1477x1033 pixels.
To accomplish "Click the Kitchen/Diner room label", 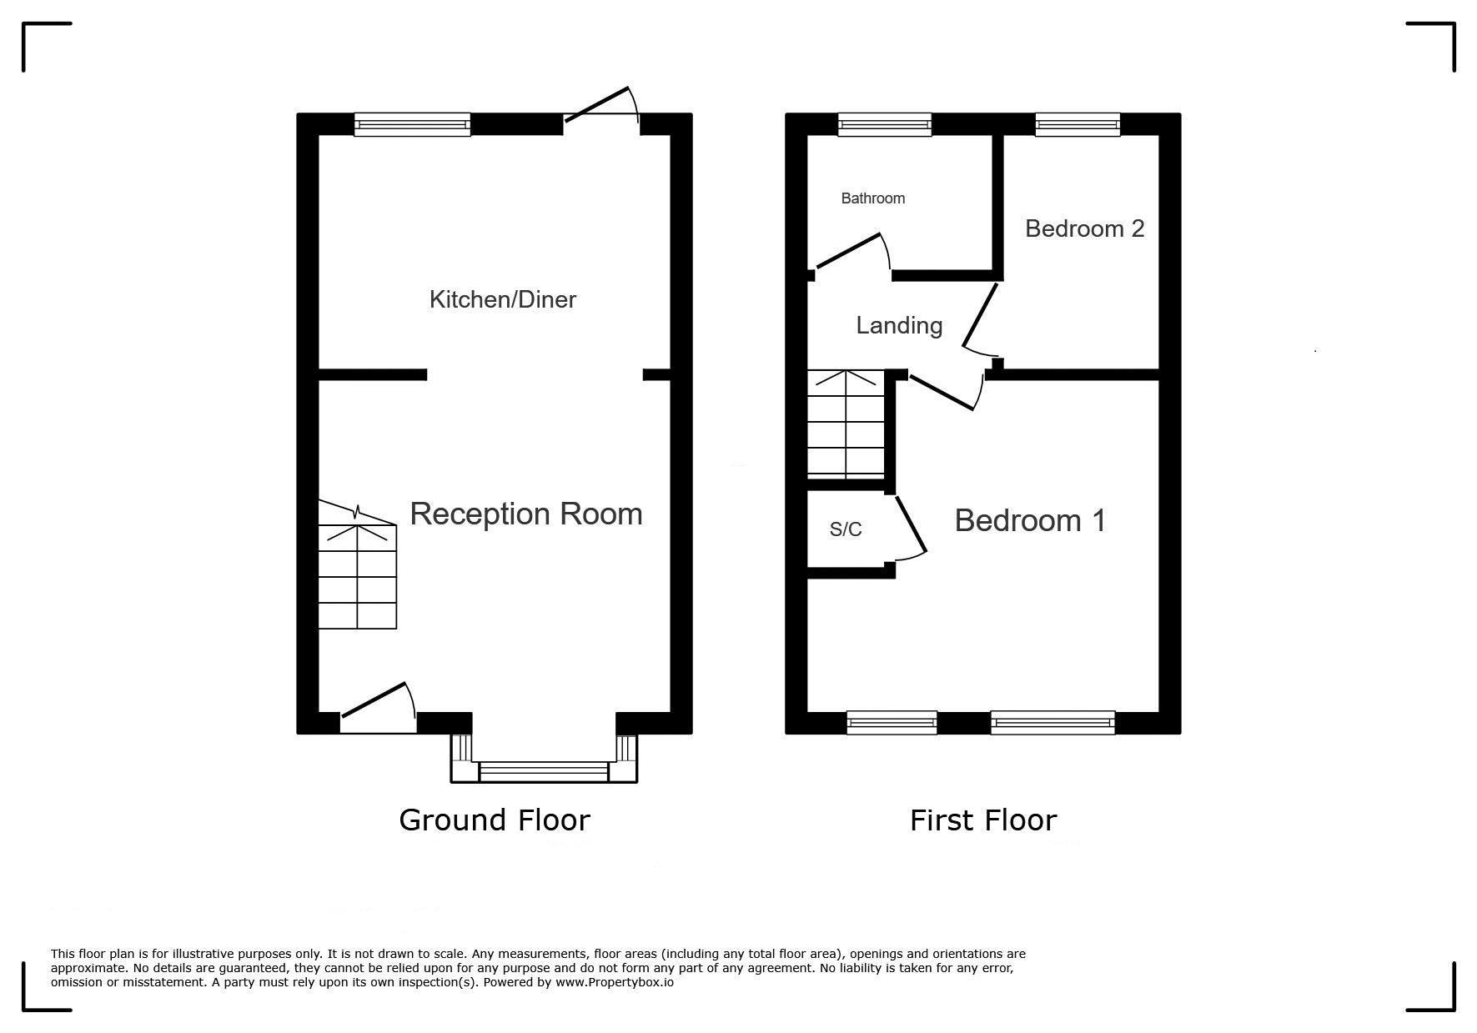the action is pos(502,299).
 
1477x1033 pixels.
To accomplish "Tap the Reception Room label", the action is pos(526,514).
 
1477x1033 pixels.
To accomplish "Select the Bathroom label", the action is pos(872,198).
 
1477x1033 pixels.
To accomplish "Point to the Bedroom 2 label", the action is pos(1084,228).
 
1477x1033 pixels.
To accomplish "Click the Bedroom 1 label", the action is pos(1030,520).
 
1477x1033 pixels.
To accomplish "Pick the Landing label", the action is pos(899,325).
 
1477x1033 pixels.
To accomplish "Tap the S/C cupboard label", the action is pos(846,529).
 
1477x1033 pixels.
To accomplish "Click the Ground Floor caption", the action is pos(495,820).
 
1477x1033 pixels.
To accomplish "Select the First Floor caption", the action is pos(983,820).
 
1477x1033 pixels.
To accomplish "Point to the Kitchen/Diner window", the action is pos(412,124).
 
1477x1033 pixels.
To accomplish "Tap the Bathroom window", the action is pos(884,124).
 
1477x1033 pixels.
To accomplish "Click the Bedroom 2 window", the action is pos(1077,124).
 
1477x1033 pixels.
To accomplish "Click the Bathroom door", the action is pos(851,250).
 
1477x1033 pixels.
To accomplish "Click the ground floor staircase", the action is pos(357,565).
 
